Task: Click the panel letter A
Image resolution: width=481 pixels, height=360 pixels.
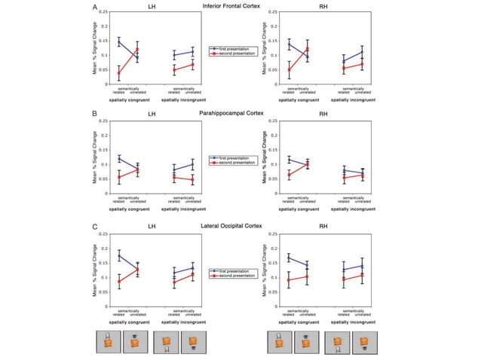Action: [94, 7]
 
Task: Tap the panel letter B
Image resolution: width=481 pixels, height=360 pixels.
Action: [94, 115]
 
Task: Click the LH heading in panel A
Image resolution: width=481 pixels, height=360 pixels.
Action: [152, 8]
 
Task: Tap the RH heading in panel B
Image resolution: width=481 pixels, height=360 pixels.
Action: [323, 114]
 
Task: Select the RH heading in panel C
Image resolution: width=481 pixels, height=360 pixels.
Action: [323, 227]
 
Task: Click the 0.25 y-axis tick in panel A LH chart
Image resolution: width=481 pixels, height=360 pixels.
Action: [103, 12]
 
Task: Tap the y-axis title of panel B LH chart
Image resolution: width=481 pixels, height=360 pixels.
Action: [95, 157]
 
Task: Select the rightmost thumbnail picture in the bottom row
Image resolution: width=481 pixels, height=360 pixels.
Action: [364, 342]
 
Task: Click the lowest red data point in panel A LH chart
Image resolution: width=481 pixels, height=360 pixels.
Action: [119, 73]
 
